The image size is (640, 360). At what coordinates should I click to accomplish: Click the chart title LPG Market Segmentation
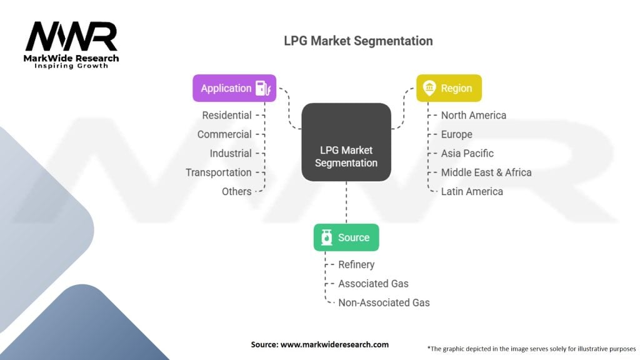pos(358,41)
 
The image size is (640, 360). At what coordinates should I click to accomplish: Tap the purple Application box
pos(234,88)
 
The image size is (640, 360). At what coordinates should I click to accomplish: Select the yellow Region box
pos(449,88)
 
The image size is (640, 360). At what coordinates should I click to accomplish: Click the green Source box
pos(346,237)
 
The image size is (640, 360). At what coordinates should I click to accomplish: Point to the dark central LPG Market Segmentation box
pos(346,142)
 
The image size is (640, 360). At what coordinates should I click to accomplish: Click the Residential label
pos(226,116)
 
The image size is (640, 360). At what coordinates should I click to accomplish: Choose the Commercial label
pos(224,134)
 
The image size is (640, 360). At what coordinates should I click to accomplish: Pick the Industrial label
pos(231,154)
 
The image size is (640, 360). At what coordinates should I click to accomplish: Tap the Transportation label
pos(218,172)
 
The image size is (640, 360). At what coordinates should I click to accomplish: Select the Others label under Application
pos(237,191)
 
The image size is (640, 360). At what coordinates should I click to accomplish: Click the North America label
pos(474,116)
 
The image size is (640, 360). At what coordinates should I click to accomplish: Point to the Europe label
pos(457,135)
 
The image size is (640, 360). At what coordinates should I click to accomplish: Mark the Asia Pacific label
pos(467,154)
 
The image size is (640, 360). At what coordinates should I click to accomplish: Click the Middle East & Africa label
pos(486,172)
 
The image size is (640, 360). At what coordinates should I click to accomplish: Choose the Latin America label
pos(472,191)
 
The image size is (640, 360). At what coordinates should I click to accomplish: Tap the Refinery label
pos(356,265)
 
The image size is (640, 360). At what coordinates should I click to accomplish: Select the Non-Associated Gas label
pos(384,303)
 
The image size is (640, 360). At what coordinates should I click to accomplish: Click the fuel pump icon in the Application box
pos(263,88)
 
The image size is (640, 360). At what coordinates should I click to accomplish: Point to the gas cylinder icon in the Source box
pos(326,237)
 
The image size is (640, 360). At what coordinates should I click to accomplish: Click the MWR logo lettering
pos(71,36)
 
